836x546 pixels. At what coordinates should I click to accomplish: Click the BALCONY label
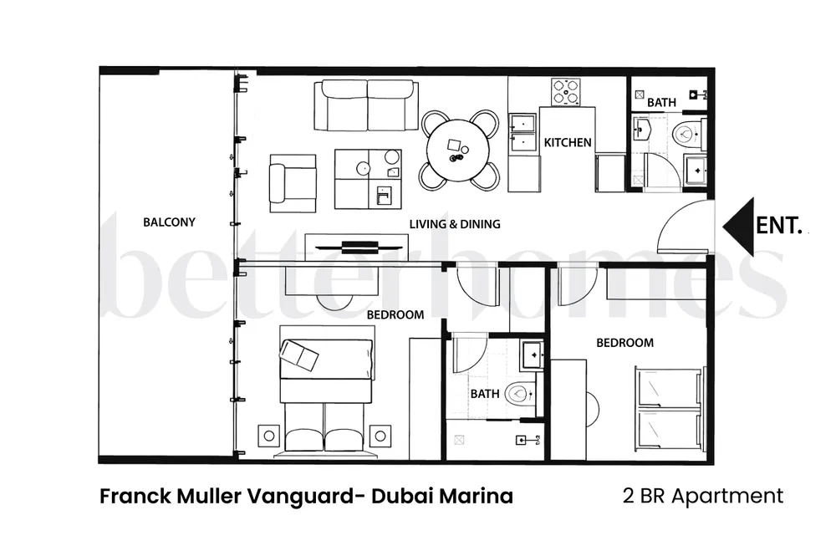click(x=169, y=222)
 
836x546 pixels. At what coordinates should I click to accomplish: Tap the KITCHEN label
click(x=568, y=142)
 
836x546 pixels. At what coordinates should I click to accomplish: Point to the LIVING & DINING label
click(x=455, y=224)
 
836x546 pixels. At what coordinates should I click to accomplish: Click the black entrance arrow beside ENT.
click(x=738, y=226)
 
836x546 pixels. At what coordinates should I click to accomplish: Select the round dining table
click(x=458, y=151)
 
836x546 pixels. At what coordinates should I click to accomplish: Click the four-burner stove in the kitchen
click(x=566, y=92)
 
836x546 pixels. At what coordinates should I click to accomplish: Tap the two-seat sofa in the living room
click(x=366, y=105)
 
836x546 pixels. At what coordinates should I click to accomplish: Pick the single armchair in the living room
click(x=292, y=183)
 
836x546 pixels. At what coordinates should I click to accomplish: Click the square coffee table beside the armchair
click(x=368, y=179)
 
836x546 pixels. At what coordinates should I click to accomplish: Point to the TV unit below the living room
click(x=357, y=247)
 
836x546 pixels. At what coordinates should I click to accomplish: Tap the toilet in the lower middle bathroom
click(x=520, y=394)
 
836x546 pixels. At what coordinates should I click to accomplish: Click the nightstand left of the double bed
click(x=268, y=436)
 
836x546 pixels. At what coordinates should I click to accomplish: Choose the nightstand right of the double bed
click(x=380, y=436)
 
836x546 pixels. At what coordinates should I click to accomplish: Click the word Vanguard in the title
click(x=300, y=497)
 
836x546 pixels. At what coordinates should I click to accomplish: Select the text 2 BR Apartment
click(x=703, y=497)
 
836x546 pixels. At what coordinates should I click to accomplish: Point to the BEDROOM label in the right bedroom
click(x=624, y=343)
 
